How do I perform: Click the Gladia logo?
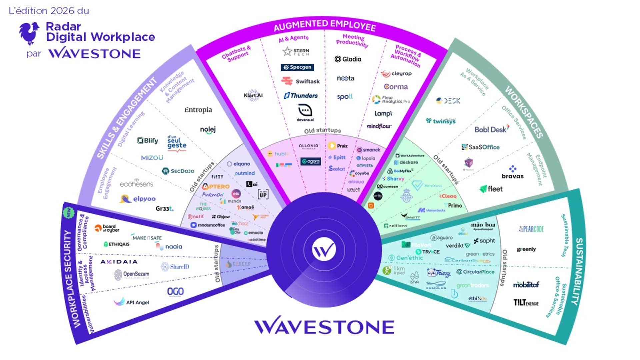click(x=348, y=59)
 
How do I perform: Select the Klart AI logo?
click(x=253, y=95)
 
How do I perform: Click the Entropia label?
click(x=198, y=110)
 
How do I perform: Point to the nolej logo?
click(x=208, y=130)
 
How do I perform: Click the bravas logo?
click(x=512, y=172)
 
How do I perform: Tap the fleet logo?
click(x=491, y=189)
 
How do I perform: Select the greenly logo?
click(x=526, y=249)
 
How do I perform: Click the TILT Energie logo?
click(x=526, y=302)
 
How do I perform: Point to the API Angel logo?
click(x=131, y=302)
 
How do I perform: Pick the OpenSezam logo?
click(x=132, y=274)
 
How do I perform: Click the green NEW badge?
click(x=69, y=213)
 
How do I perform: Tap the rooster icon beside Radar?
click(x=29, y=33)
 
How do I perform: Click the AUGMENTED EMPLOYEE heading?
click(x=325, y=25)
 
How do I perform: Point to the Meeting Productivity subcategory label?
click(x=352, y=40)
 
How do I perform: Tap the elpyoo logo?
click(x=138, y=199)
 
